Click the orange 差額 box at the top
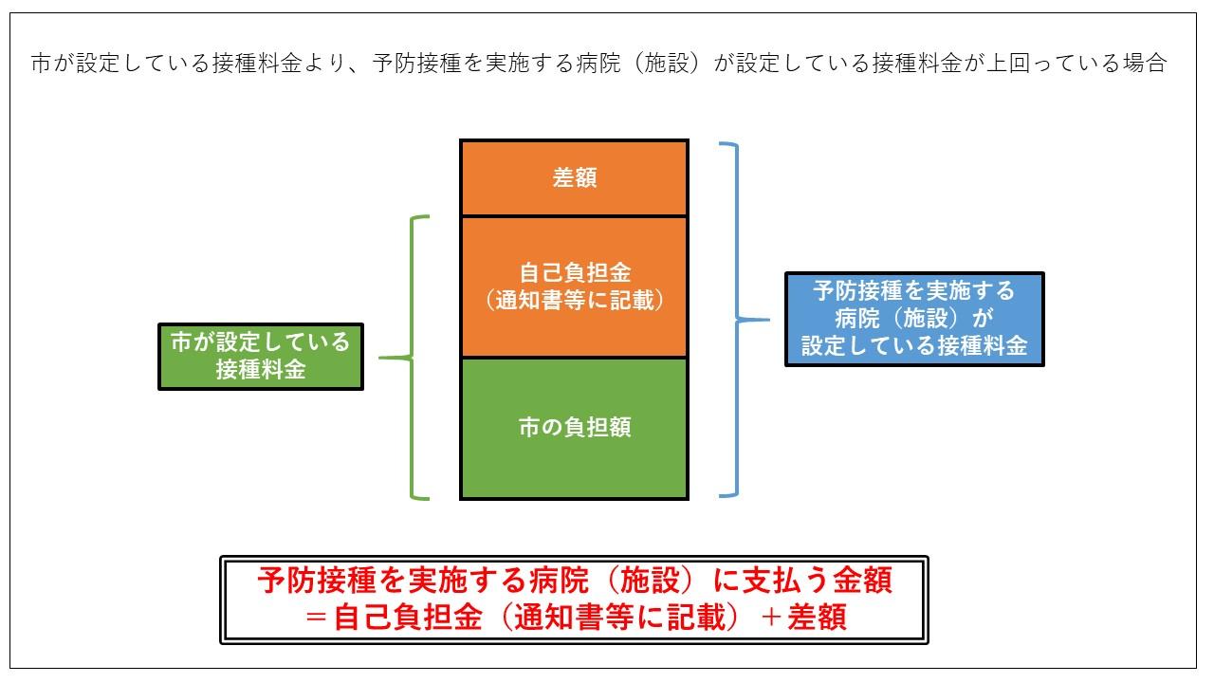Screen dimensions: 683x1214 coord(574,178)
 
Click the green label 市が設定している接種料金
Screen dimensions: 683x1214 coord(261,356)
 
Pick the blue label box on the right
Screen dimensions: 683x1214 coord(914,319)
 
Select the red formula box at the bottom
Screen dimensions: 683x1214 coord(574,600)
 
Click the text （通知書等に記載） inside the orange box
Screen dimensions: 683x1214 coord(574,301)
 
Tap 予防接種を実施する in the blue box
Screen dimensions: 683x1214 coord(914,290)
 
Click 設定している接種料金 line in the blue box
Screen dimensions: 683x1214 coord(914,346)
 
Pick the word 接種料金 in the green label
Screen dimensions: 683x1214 coord(261,370)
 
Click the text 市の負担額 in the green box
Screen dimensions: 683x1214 coord(574,428)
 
